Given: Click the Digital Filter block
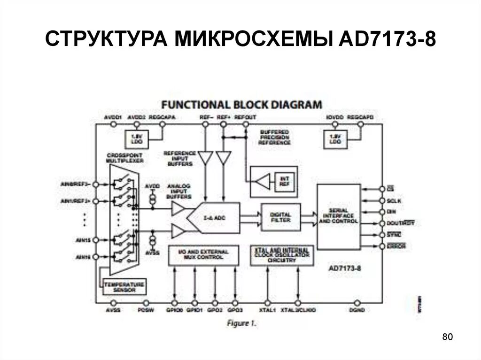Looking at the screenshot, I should pos(280,217).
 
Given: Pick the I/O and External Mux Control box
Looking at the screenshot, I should pos(203,255).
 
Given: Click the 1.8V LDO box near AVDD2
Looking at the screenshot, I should pos(136,138).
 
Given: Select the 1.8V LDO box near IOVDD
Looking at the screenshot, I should pos(334,138).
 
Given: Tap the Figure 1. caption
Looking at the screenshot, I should pos(241,323).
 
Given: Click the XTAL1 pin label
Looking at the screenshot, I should pos(268,310).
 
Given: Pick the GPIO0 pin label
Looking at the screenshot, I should pos(175,310).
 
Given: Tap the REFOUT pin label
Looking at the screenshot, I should pos(245,116).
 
